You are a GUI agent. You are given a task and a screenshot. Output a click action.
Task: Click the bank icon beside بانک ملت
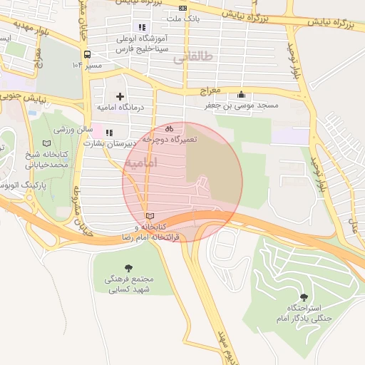click(183, 8)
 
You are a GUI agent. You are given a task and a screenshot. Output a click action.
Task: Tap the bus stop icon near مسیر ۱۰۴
click(87, 54)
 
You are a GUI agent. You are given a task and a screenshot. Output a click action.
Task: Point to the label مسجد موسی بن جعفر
click(248, 106)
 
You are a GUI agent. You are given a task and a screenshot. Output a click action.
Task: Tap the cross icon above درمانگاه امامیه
click(119, 96)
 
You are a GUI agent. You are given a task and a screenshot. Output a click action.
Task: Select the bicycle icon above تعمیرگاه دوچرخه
click(169, 129)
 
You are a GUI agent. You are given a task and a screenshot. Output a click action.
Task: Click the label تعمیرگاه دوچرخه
click(170, 140)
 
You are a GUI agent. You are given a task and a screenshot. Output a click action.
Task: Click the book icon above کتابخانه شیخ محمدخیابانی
click(47, 143)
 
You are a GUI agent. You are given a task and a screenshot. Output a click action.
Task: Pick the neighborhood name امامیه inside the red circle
click(140, 163)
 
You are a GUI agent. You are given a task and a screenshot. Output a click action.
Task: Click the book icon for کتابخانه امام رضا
click(149, 215)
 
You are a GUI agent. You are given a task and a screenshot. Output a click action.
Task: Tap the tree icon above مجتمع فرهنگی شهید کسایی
click(128, 267)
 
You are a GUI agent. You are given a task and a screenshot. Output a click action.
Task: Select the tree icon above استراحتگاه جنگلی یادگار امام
click(304, 297)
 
